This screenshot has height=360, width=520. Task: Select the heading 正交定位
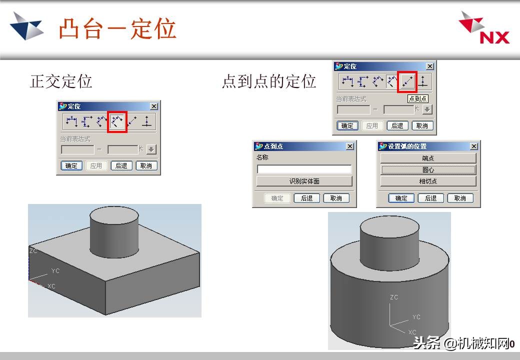click(61, 81)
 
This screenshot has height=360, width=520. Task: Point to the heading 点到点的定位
click(269, 81)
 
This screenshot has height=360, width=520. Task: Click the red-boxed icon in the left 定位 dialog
click(118, 121)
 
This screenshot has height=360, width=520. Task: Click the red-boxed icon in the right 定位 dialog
click(407, 81)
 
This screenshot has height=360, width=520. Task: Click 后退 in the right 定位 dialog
click(397, 125)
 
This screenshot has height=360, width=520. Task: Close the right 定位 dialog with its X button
click(429, 66)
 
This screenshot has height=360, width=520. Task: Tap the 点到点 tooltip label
click(417, 99)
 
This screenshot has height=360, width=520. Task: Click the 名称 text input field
click(304, 169)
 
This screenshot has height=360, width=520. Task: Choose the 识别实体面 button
click(304, 181)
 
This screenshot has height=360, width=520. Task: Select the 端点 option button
click(428, 158)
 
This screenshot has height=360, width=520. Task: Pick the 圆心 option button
click(428, 169)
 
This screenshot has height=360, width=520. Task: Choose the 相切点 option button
click(428, 181)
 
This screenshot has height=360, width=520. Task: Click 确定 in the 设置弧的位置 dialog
click(401, 198)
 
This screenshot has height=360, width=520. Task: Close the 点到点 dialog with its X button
click(349, 146)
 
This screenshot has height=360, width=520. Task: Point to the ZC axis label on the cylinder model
click(394, 297)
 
